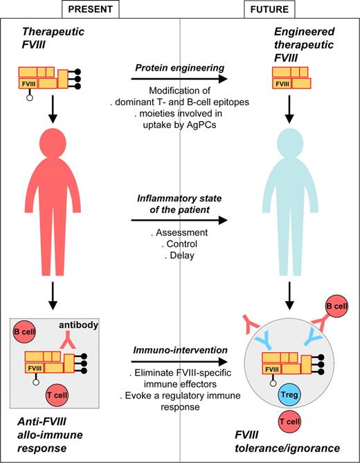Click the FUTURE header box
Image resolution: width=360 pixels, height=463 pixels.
click(271, 9)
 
